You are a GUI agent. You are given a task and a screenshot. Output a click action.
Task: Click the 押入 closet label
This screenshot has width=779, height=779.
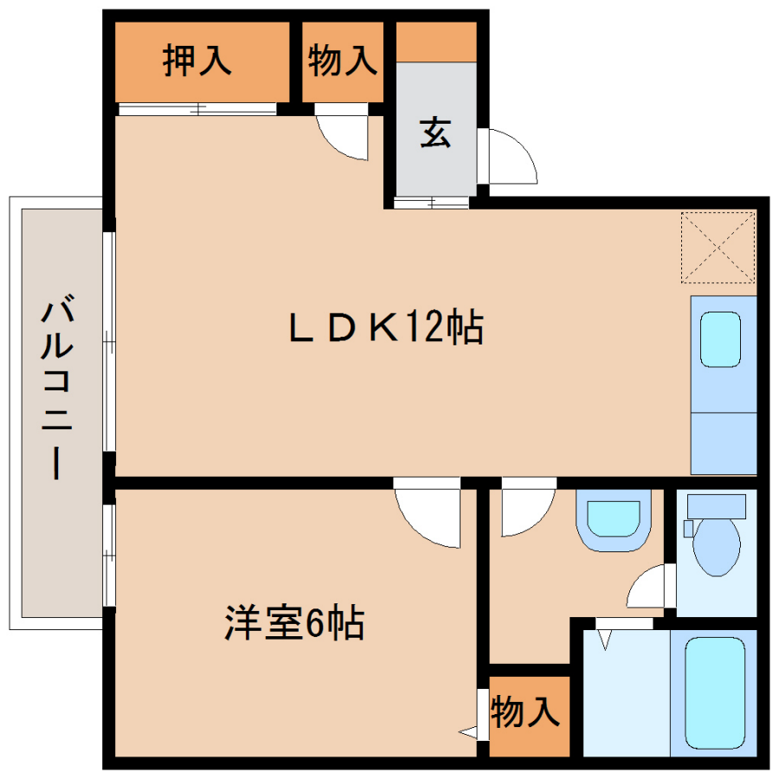click(x=197, y=61)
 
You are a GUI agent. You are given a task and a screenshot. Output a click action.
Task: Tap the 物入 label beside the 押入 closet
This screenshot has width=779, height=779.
click(x=342, y=61)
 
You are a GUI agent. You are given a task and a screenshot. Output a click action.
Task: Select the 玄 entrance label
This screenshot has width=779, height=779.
click(x=435, y=132)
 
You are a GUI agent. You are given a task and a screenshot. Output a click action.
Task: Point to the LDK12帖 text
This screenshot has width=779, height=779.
click(x=386, y=326)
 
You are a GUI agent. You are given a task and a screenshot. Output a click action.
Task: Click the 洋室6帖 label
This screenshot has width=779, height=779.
click(x=294, y=622)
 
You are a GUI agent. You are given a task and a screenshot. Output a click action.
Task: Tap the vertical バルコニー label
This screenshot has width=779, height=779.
click(x=57, y=387)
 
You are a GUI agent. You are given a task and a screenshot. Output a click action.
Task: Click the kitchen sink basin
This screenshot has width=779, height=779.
click(x=720, y=339)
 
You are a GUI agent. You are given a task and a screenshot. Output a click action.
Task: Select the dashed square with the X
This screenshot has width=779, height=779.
click(x=718, y=248)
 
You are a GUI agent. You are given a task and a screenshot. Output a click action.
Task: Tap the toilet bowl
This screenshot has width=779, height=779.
click(x=717, y=546)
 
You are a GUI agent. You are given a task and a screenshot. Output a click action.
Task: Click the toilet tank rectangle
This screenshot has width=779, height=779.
click(x=717, y=506)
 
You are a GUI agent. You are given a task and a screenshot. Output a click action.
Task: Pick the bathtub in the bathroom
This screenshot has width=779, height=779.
click(x=715, y=692)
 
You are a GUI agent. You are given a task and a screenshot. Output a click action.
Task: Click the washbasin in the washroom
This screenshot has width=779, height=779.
click(x=614, y=519)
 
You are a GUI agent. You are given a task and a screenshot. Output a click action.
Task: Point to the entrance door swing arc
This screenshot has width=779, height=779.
click(x=519, y=146)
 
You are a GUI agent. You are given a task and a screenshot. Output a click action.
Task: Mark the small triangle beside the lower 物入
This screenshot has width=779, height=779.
click(x=468, y=731)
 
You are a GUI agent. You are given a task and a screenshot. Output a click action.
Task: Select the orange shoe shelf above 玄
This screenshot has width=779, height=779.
click(x=436, y=42)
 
